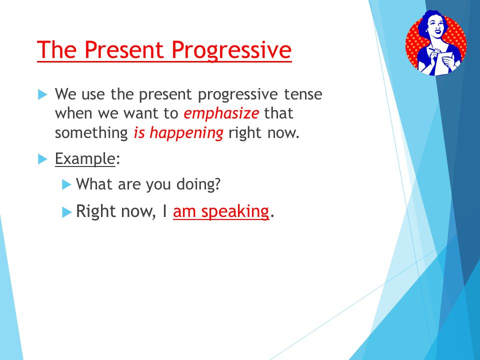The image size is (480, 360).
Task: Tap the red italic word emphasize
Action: (221, 114)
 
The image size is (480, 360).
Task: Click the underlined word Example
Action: (85, 159)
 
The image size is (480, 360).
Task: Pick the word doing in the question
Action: (198, 184)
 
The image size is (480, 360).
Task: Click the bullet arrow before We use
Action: (42, 94)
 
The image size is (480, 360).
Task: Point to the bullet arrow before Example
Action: (42, 159)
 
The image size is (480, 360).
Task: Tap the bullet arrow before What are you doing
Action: (66, 184)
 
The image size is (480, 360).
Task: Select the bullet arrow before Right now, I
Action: (66, 212)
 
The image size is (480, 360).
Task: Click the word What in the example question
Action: (94, 184)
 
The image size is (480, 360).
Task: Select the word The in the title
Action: (57, 49)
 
